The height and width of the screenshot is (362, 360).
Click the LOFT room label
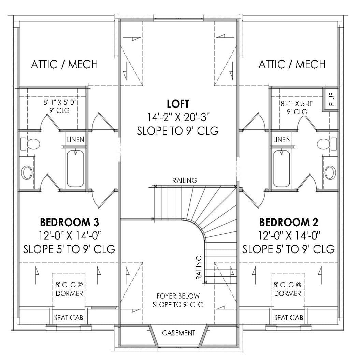coord(177,103)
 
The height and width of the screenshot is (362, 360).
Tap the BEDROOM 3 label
coord(70,222)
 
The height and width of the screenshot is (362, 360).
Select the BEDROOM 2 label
coord(289,222)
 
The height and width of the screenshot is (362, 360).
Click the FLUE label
coord(331,99)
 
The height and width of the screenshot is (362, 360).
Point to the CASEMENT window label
coord(178,333)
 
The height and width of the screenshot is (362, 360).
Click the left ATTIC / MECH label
coord(64,64)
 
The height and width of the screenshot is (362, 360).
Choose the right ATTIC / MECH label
coord(292,64)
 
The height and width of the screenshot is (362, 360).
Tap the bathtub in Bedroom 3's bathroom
coord(75,168)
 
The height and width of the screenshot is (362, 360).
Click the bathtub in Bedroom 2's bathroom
coord(282,168)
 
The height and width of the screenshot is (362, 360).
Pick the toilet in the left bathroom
coord(31,144)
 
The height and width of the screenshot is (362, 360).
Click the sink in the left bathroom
coord(26,172)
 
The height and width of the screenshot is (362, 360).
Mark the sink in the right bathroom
coord(330,172)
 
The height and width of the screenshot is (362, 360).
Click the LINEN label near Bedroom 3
coord(75,140)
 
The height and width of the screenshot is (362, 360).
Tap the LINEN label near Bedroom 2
coord(282,140)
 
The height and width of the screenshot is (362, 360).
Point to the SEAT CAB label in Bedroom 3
coord(69,318)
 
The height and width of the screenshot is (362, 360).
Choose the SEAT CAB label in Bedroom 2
coord(289,318)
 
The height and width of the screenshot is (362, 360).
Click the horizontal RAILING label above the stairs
coord(185,180)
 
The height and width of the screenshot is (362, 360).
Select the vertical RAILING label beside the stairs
coord(199,267)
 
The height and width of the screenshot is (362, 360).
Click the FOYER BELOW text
coord(178,296)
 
